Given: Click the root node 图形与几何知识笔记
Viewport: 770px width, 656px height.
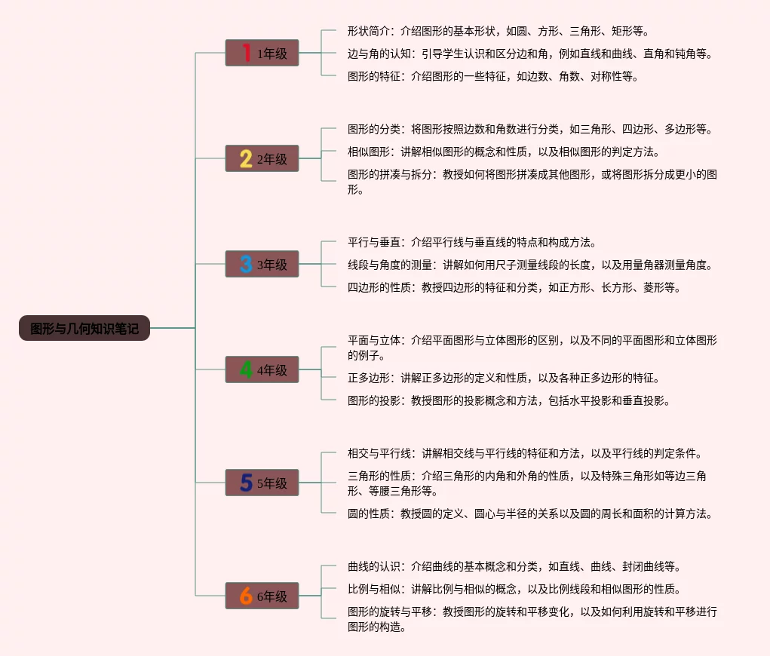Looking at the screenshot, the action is click(84, 328).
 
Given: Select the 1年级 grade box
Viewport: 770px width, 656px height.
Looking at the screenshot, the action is click(262, 53).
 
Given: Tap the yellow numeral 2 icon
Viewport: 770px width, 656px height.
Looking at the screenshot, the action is click(246, 158).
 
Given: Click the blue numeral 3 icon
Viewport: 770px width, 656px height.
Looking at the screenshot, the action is click(246, 264).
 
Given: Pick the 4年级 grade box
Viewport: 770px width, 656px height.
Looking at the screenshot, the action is click(262, 369).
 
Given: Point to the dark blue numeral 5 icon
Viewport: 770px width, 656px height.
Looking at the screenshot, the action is click(246, 483).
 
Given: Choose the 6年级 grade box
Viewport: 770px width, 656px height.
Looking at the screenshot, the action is click(262, 596).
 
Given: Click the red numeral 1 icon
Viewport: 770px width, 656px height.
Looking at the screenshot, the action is click(246, 53).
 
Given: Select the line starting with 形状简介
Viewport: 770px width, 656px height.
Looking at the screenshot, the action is click(498, 31).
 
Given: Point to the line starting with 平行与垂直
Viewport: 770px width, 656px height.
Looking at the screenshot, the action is click(472, 242).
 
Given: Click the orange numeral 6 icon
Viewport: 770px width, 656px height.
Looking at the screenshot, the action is click(246, 596).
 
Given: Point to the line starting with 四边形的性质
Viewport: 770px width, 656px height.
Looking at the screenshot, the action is click(514, 287).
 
